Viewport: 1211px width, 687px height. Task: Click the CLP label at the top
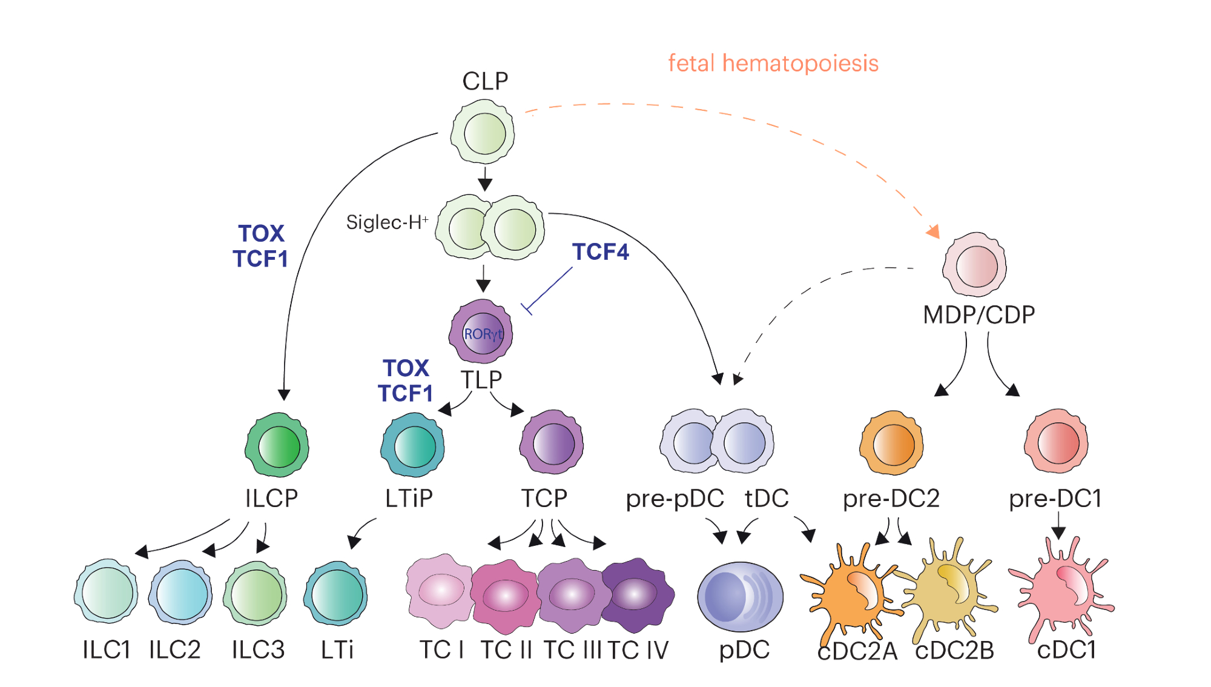pos(485,81)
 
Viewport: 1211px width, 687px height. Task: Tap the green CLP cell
pos(483,133)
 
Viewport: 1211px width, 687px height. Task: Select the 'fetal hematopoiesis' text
pos(773,64)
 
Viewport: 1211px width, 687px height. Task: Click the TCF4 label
pos(600,252)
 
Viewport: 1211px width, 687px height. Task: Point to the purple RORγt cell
pos(481,332)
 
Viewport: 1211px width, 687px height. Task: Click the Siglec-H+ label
pos(387,222)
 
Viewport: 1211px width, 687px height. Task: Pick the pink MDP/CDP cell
pos(974,265)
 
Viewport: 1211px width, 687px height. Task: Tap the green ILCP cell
pos(277,445)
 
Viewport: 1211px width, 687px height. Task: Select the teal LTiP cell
pos(413,445)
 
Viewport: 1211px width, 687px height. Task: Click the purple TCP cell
pos(552,443)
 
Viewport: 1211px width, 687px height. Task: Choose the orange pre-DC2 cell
pos(891,443)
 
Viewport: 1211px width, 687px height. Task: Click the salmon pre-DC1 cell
pos(1057,442)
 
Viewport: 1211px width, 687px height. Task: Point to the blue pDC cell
pos(740,597)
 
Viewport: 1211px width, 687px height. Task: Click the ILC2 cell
pos(181,592)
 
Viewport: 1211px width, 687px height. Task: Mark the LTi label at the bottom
pos(337,650)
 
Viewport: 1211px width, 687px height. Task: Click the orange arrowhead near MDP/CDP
pos(933,231)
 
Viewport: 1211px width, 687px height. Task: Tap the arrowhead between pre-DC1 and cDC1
pos(1058,533)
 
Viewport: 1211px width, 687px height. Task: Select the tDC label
pos(767,499)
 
